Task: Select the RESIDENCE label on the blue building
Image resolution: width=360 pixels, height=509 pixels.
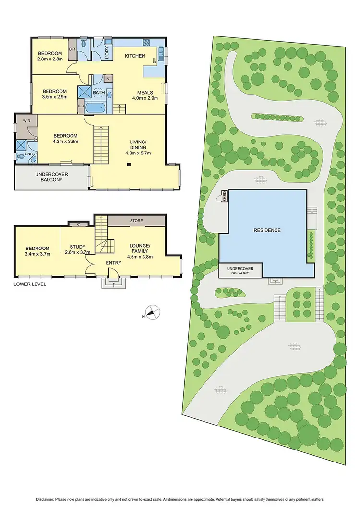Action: (267, 230)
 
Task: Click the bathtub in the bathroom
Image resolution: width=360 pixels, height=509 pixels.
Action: (98, 107)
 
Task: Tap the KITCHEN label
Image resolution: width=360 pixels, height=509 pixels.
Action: (135, 56)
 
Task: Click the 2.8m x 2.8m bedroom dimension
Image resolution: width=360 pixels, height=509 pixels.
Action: (50, 60)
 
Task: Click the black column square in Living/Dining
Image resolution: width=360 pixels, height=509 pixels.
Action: (129, 165)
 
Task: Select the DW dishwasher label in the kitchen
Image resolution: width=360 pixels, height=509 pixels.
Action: (155, 60)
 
